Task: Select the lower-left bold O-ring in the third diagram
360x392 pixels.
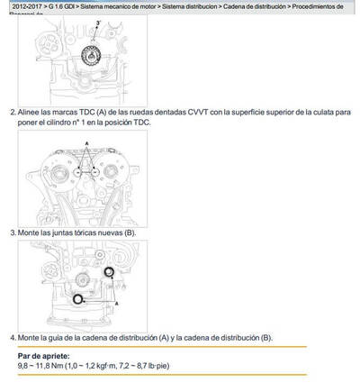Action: tap(79, 299)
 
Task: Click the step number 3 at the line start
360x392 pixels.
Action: tap(12, 232)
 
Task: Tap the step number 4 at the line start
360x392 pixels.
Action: tap(12, 337)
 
